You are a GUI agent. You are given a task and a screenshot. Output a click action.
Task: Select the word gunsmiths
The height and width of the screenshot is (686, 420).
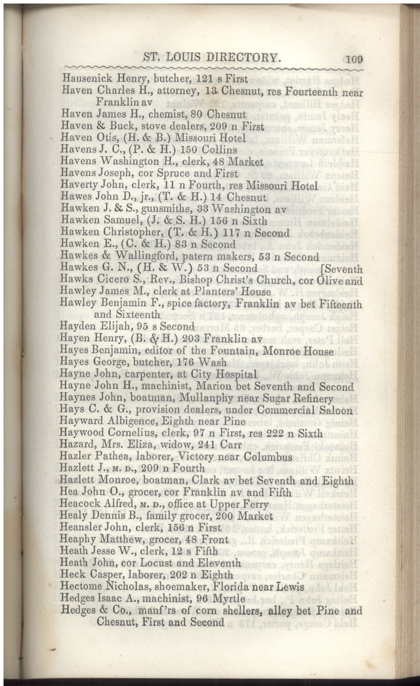(x=179, y=209)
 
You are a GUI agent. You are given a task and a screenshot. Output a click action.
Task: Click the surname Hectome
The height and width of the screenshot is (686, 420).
(x=81, y=587)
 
